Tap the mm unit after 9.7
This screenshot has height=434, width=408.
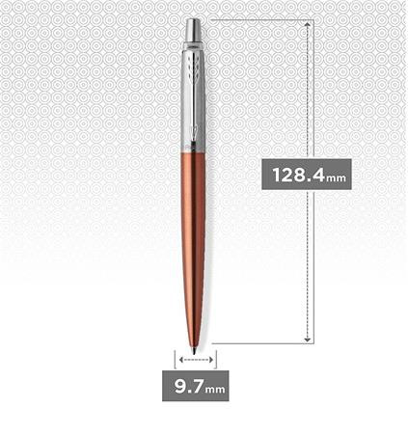click(x=215, y=391)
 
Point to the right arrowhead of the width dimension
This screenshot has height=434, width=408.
click(x=212, y=358)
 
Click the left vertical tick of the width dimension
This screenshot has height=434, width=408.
click(x=176, y=358)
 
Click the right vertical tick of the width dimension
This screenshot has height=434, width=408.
click(x=217, y=358)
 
